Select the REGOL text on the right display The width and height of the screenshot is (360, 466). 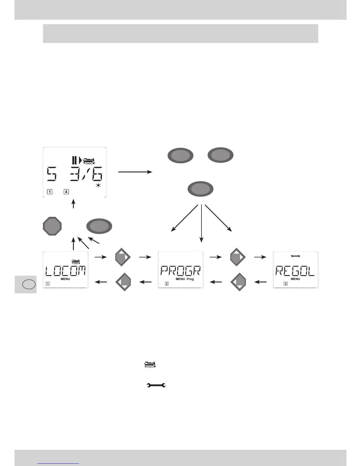pyautogui.click(x=295, y=270)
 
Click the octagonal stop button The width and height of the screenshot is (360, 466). pyautogui.click(x=52, y=226)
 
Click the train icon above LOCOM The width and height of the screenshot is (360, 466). pyautogui.click(x=76, y=261)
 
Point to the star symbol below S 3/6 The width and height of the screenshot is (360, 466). pyautogui.click(x=99, y=186)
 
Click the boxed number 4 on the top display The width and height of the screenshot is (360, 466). pyautogui.click(x=66, y=192)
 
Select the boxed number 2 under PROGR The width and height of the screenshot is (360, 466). pyautogui.click(x=167, y=284)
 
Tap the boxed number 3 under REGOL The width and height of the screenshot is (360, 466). pyautogui.click(x=285, y=284)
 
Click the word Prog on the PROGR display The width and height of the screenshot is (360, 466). pyautogui.click(x=190, y=279)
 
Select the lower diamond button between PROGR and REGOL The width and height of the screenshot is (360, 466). pyautogui.click(x=239, y=282)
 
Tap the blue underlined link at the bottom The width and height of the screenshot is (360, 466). pyautogui.click(x=59, y=463)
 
